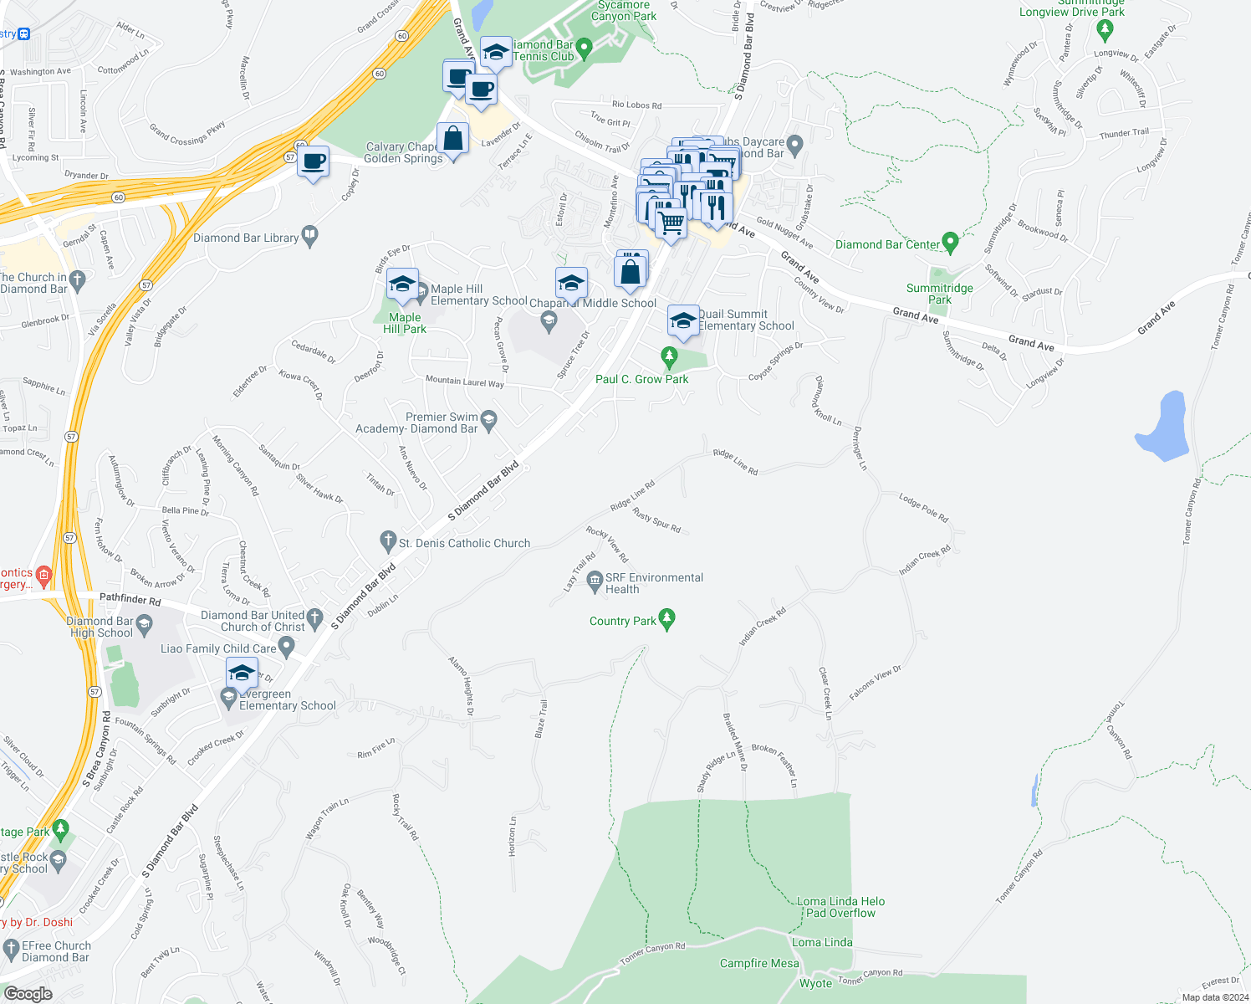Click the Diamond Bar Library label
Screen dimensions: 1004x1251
tap(246, 238)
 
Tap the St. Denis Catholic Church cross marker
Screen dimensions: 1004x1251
tap(387, 541)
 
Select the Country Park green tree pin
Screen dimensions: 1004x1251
tap(666, 619)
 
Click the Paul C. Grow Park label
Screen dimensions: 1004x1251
tap(641, 379)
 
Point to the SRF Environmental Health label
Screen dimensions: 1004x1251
tap(654, 583)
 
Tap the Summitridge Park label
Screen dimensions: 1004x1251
tap(939, 294)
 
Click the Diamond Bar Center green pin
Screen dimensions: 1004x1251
tap(949, 243)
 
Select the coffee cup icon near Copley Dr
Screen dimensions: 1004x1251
tap(314, 161)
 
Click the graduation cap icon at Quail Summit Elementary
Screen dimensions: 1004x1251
tap(683, 321)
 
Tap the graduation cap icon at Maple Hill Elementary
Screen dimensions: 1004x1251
tap(402, 284)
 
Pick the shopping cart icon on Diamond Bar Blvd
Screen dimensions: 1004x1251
tap(671, 223)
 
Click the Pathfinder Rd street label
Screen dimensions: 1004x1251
tap(130, 599)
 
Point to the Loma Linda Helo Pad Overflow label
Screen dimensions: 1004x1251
tap(840, 907)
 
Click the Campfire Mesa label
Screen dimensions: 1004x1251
tap(759, 963)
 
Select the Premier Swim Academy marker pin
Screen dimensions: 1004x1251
tap(489, 418)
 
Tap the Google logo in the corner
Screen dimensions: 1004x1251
tap(28, 994)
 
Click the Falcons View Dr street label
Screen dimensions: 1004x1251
tap(875, 683)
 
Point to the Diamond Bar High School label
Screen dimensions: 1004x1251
tap(100, 627)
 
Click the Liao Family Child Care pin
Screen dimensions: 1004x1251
tap(287, 647)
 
